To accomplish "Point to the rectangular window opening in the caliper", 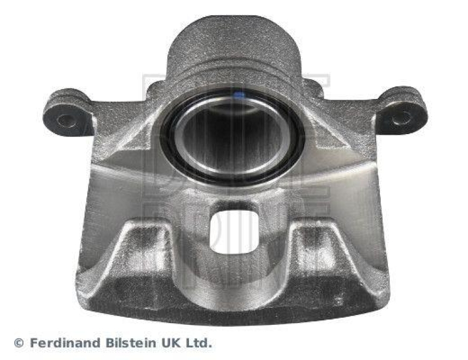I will pyautogui.click(x=234, y=231).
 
